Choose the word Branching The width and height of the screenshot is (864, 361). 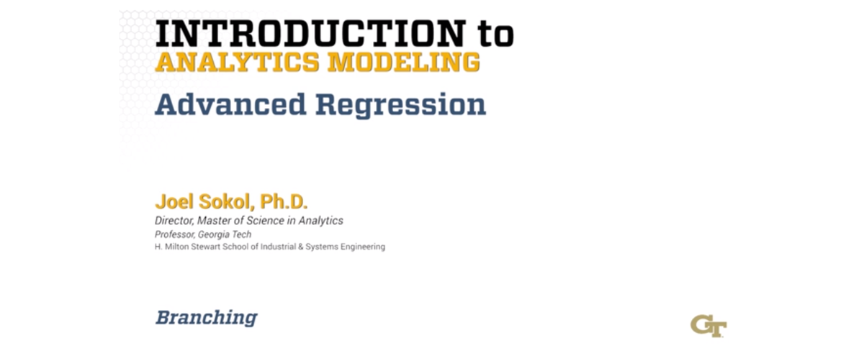tap(206, 317)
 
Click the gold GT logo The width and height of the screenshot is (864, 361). tap(708, 324)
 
